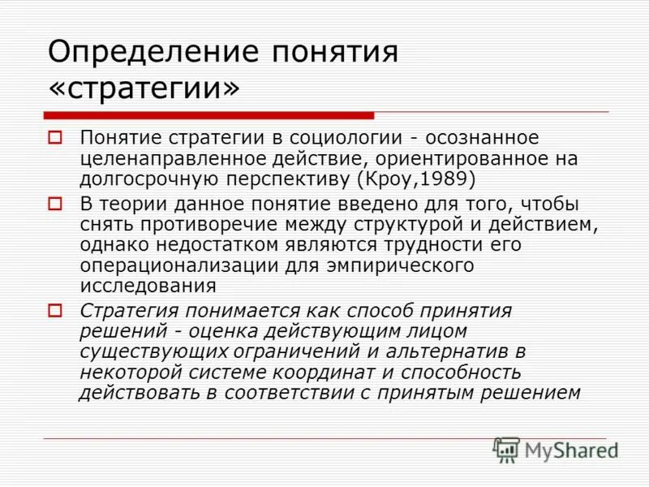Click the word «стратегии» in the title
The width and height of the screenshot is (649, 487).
[x=144, y=88]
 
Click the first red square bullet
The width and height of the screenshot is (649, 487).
[x=56, y=138]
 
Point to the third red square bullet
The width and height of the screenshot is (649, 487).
[x=56, y=310]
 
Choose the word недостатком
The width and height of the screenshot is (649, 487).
[x=201, y=244]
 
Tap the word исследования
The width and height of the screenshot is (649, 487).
[x=148, y=286]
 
